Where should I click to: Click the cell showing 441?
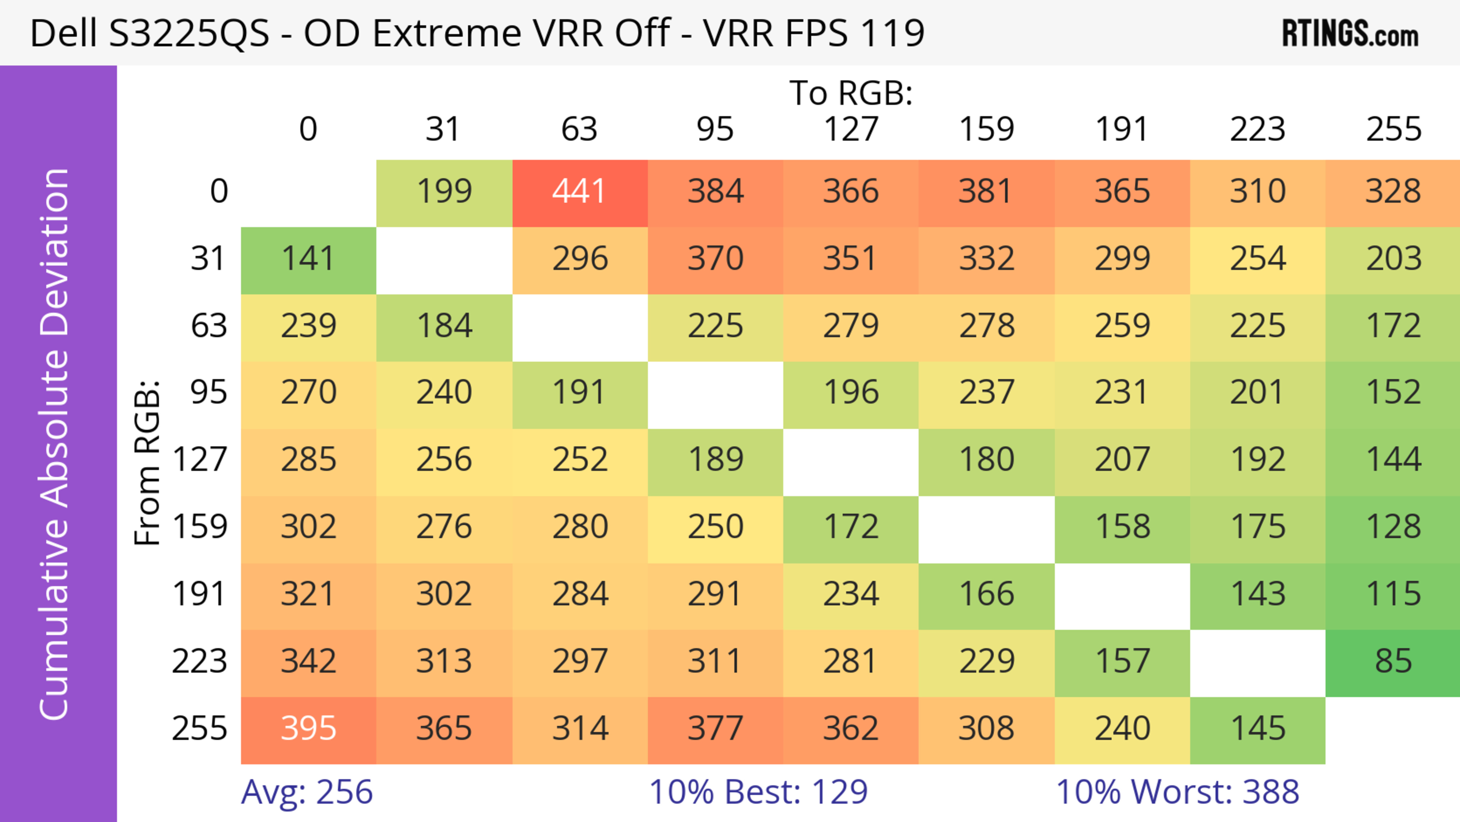pyautogui.click(x=579, y=192)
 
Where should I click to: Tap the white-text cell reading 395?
pyautogui.click(x=308, y=729)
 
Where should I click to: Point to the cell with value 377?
pyautogui.click(x=715, y=729)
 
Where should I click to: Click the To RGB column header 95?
pyautogui.click(x=715, y=129)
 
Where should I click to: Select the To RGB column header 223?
pyautogui.click(x=1257, y=129)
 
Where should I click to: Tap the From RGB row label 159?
pyautogui.click(x=200, y=527)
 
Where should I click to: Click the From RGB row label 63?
pyautogui.click(x=209, y=326)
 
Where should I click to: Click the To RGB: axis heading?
pyautogui.click(x=851, y=93)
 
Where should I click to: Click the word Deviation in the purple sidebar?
pyautogui.click(x=54, y=252)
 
